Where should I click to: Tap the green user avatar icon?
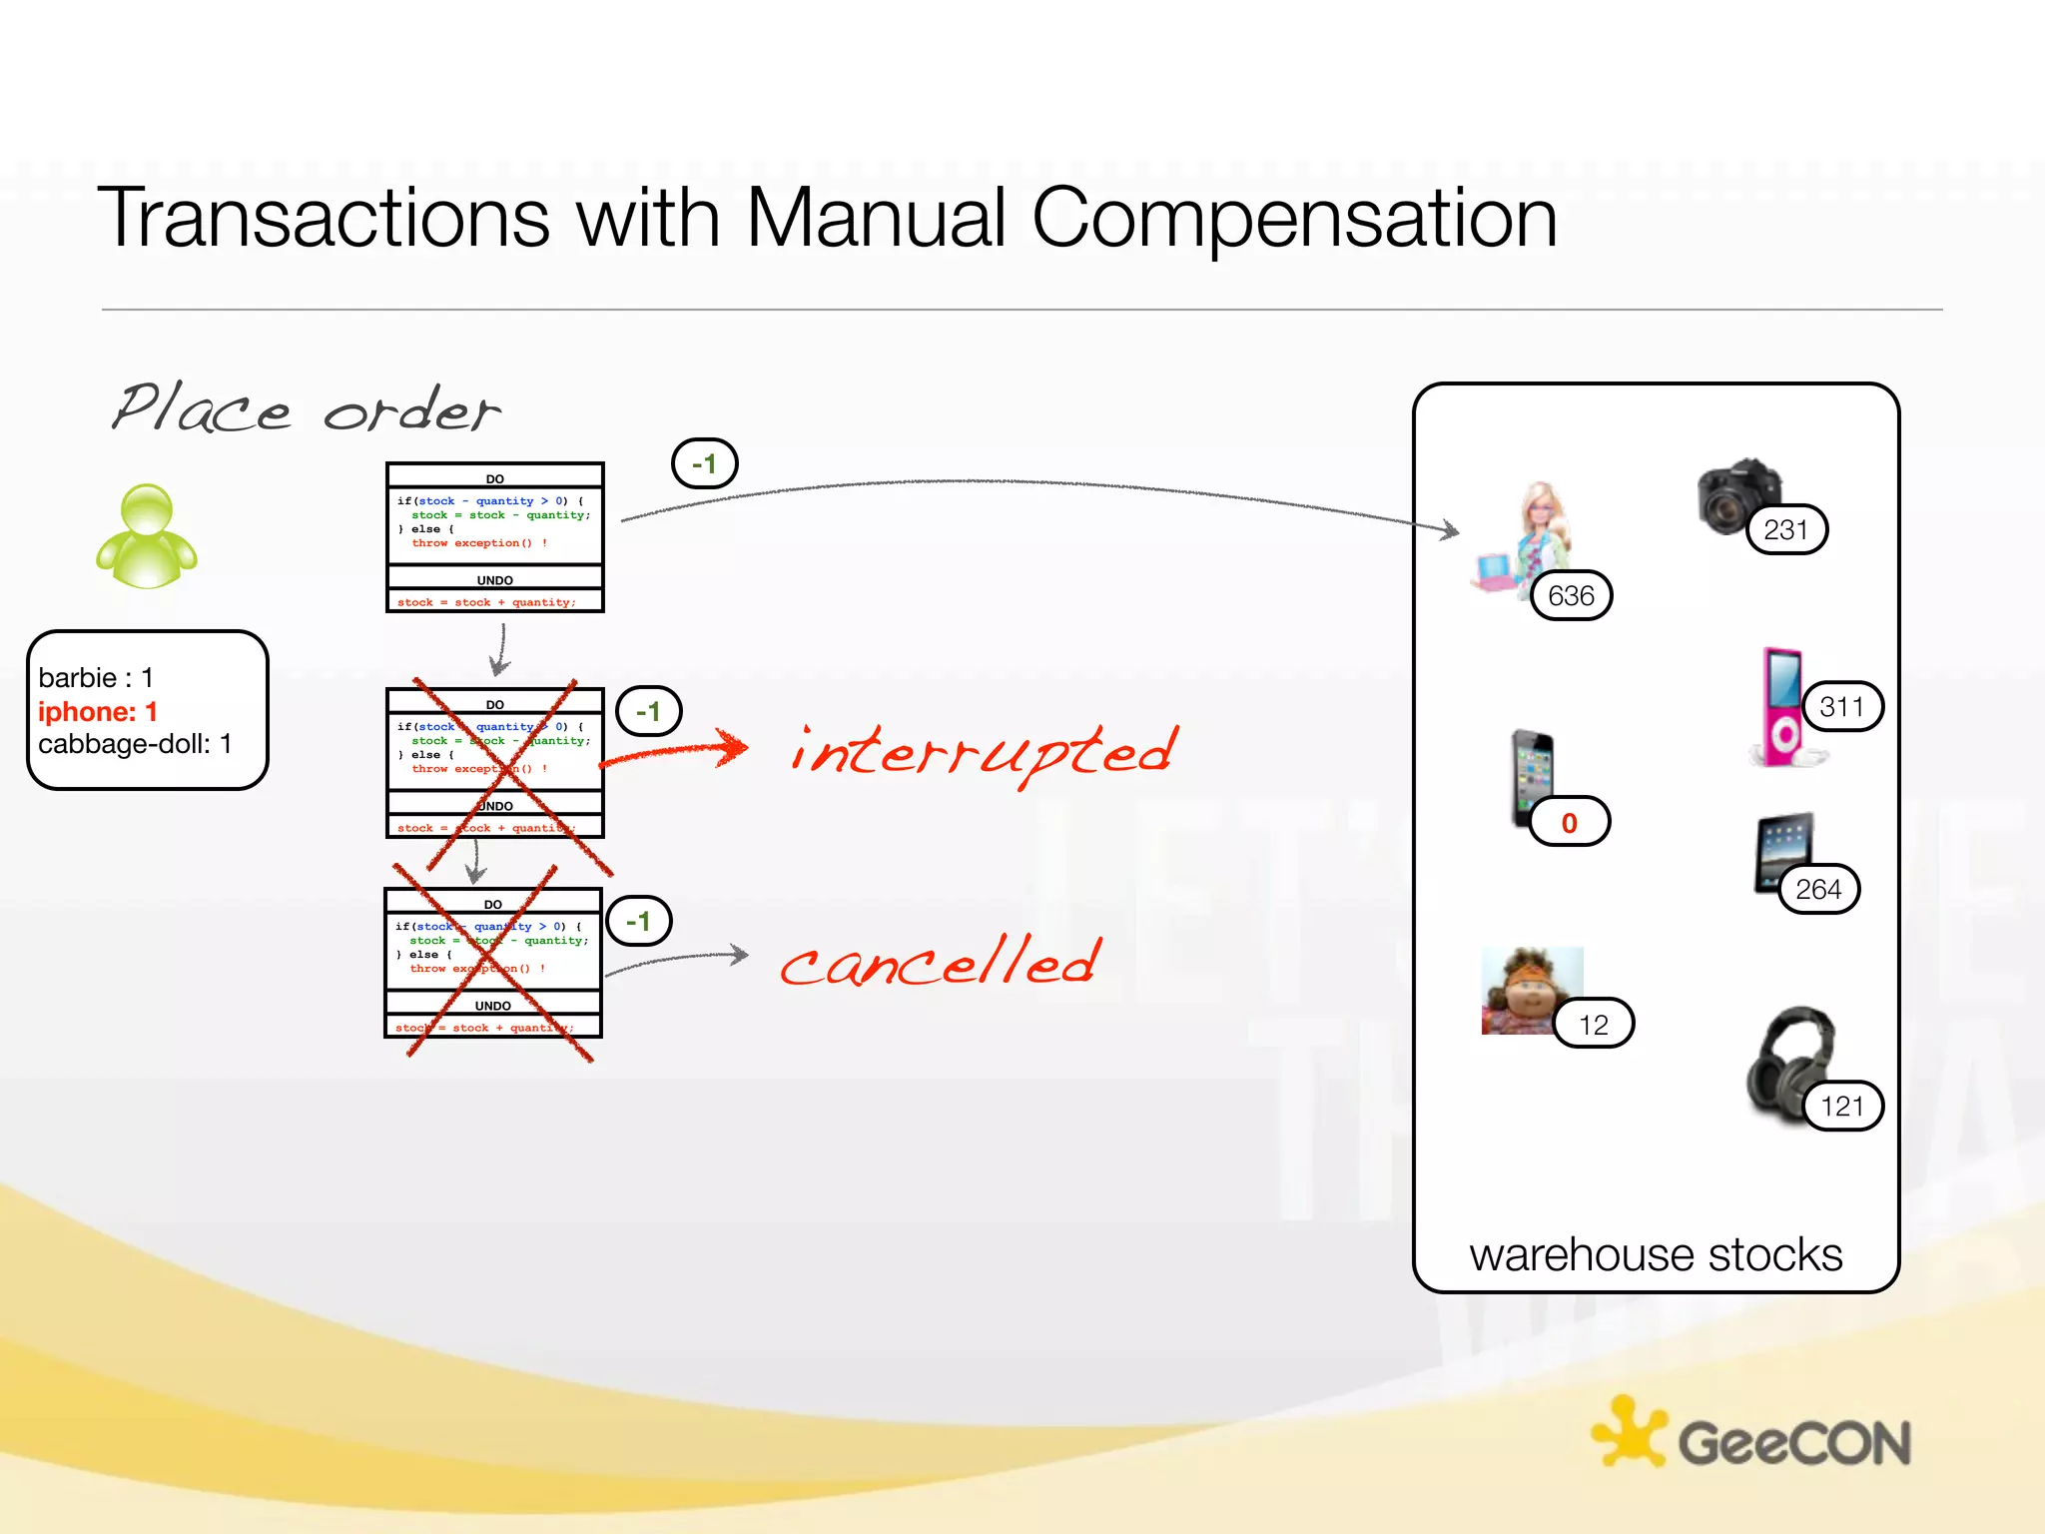coord(147,536)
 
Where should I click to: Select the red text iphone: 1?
coord(98,711)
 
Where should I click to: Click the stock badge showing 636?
coord(1571,596)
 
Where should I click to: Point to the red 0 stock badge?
coord(1569,822)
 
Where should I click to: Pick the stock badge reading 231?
coord(1785,529)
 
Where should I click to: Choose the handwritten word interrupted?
coord(984,754)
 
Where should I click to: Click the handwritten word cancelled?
coord(941,962)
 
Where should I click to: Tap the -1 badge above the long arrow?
coord(704,464)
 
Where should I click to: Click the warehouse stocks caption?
coord(1655,1254)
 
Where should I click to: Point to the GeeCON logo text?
coord(1793,1443)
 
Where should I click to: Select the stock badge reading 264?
coord(1817,889)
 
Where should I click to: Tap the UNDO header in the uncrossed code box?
coord(494,580)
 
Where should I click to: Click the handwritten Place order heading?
coord(305,409)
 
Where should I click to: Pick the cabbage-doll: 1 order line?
coord(135,744)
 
